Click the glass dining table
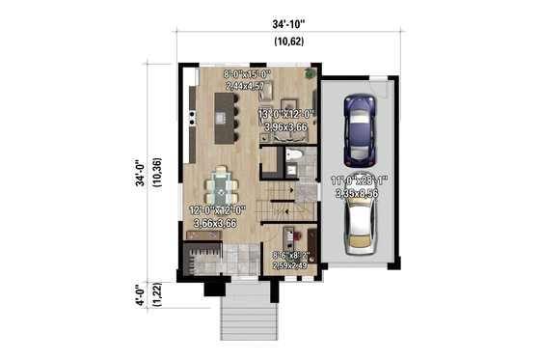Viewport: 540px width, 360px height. [x=223, y=183]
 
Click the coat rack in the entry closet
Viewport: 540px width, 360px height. [x=203, y=257]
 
